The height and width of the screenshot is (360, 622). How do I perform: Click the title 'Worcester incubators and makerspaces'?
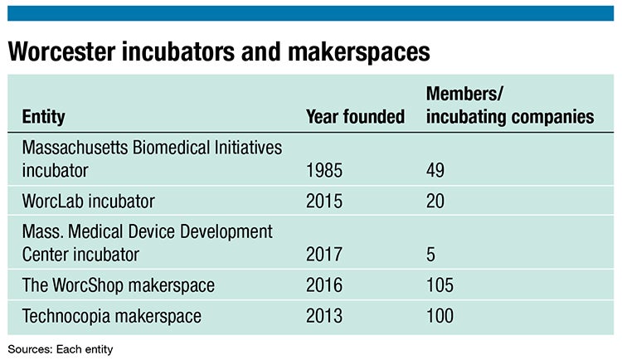click(x=219, y=51)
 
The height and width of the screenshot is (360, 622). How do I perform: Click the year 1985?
click(x=324, y=171)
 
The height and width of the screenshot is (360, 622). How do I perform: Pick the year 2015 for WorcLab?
click(x=324, y=201)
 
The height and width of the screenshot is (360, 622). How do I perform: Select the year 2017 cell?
click(x=324, y=255)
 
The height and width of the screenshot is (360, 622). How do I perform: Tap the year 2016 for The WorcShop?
click(x=324, y=285)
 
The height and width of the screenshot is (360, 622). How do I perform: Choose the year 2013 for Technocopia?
click(x=324, y=315)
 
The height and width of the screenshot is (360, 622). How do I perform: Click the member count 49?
click(x=435, y=171)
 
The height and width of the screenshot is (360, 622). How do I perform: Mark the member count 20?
click(x=435, y=201)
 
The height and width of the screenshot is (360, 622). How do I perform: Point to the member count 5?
click(x=430, y=255)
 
